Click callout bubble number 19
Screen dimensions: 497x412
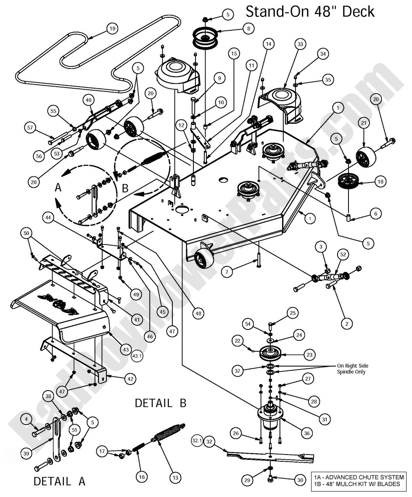coord(111,29)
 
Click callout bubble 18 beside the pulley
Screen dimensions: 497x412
coord(380,182)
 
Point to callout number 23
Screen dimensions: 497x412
coord(309,355)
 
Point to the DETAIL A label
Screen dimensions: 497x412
coord(59,481)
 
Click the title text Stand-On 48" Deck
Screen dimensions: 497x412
coord(310,11)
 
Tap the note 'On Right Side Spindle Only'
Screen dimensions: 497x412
coord(358,368)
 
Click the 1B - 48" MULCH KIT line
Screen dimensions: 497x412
coord(359,484)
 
